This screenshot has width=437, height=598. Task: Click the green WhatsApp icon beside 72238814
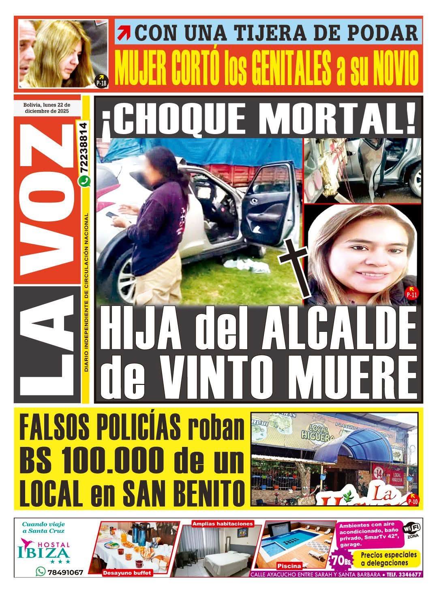[x=84, y=183]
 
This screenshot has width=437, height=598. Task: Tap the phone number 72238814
[x=84, y=150]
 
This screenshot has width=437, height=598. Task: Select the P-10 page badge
[x=412, y=499]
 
